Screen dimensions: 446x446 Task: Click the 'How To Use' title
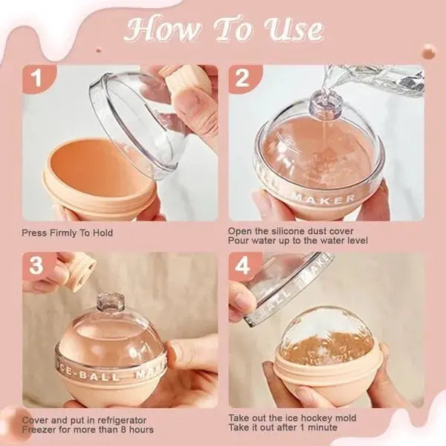pyautogui.click(x=224, y=30)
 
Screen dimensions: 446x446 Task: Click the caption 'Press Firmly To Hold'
pyautogui.click(x=66, y=233)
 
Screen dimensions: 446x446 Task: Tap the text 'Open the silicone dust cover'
pyautogui.click(x=281, y=231)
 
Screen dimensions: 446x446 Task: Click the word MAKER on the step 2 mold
pyautogui.click(x=332, y=198)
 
